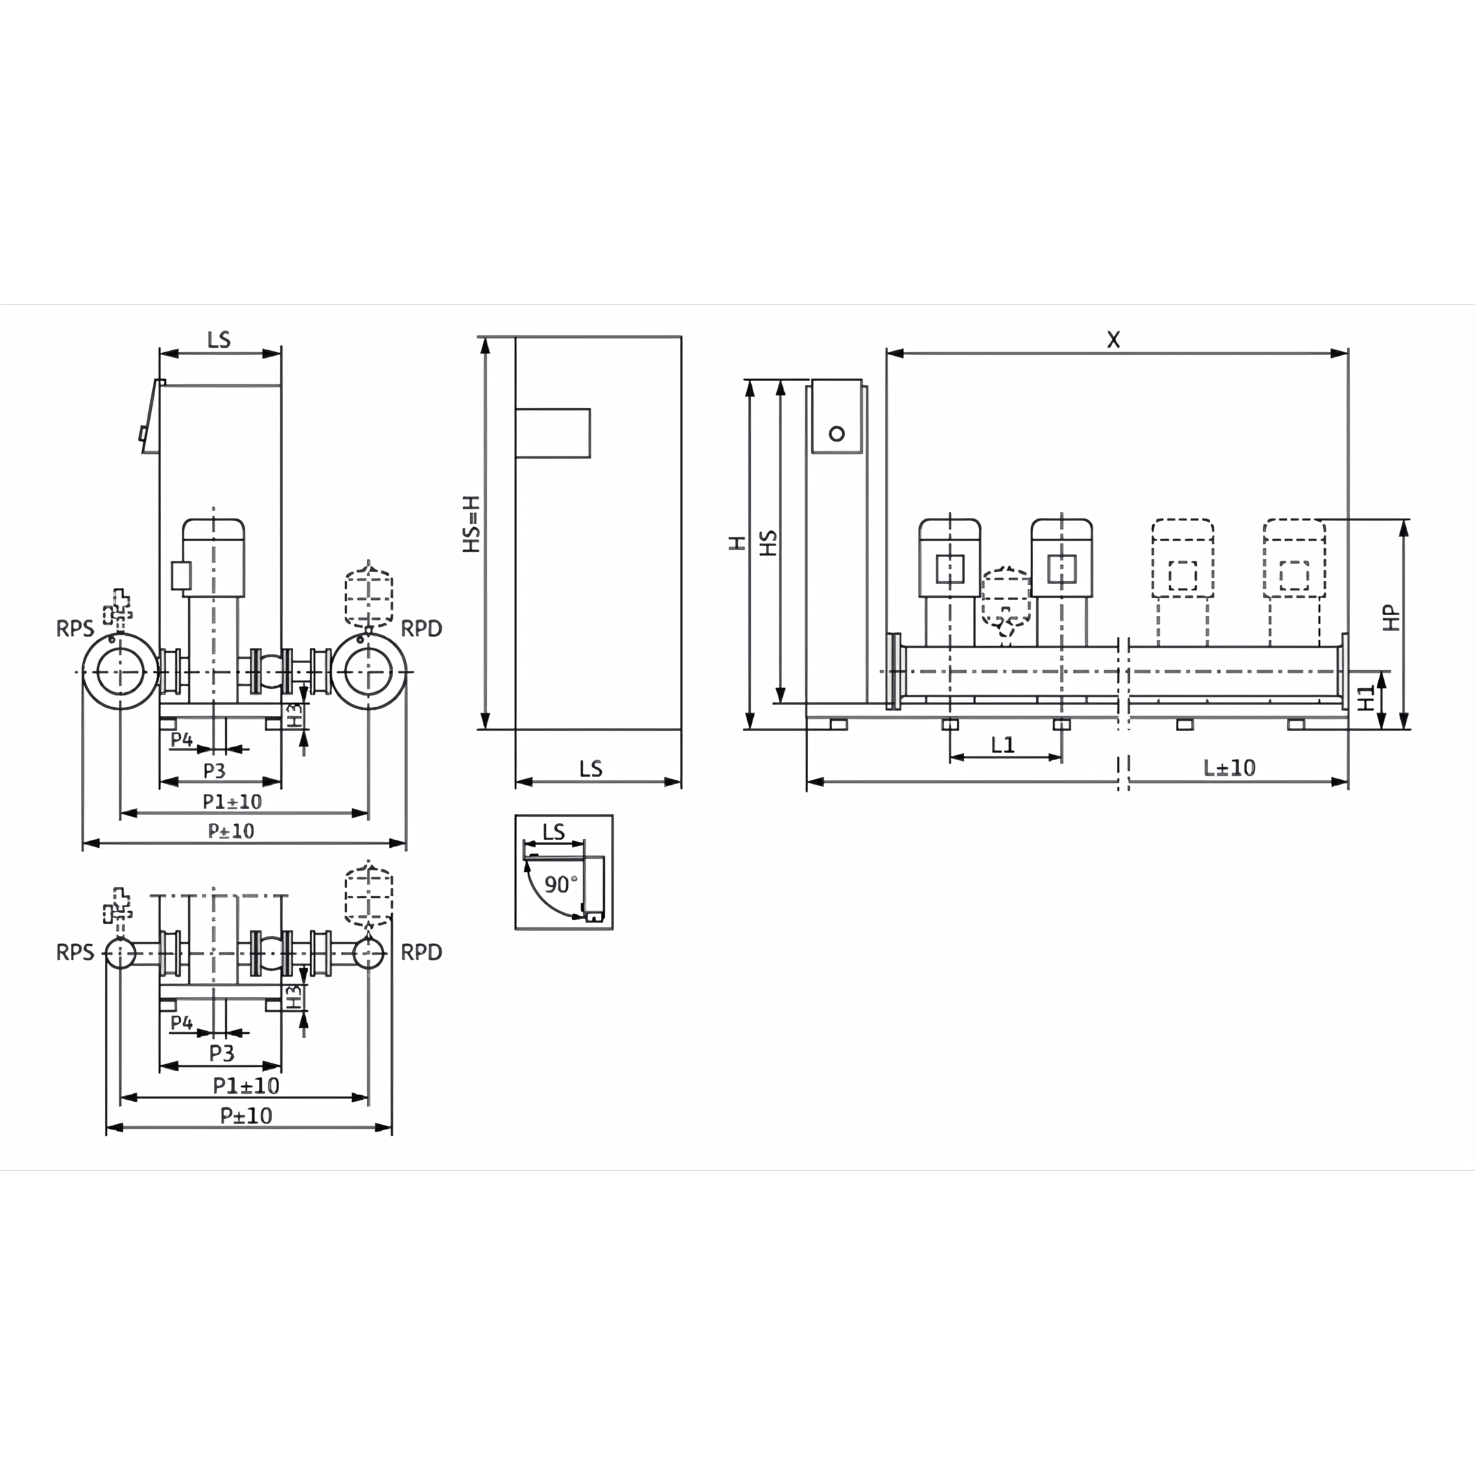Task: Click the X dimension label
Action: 1114,340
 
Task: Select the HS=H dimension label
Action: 473,524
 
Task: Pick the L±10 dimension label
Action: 1229,767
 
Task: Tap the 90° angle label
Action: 560,884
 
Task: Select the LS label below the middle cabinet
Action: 591,768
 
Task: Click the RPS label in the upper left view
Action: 75,629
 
